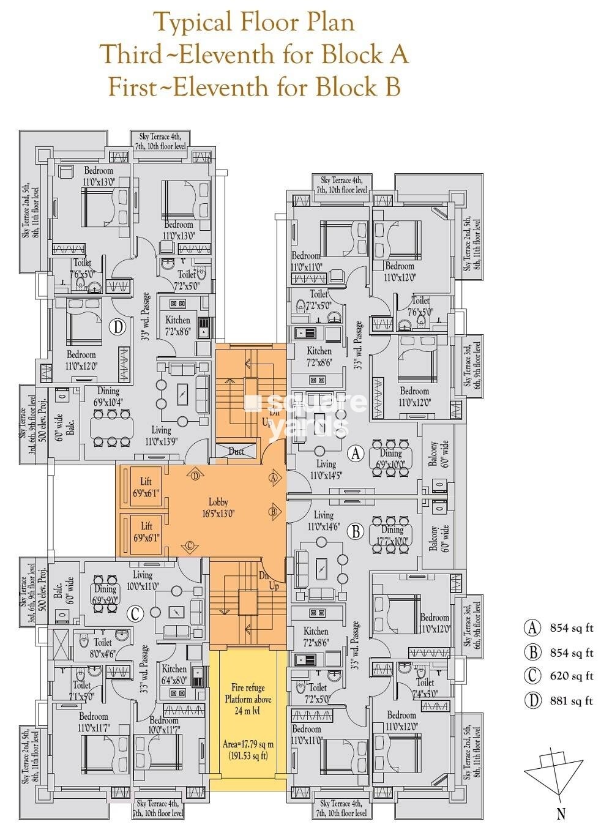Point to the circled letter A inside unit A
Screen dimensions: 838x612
point(356,454)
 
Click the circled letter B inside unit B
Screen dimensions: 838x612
point(356,531)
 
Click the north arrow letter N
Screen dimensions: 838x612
point(561,814)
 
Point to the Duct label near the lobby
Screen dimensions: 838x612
point(236,452)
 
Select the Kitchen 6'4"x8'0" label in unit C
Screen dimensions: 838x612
point(174,674)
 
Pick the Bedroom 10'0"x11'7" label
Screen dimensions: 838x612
point(163,726)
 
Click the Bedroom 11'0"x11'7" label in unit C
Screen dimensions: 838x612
point(93,722)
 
